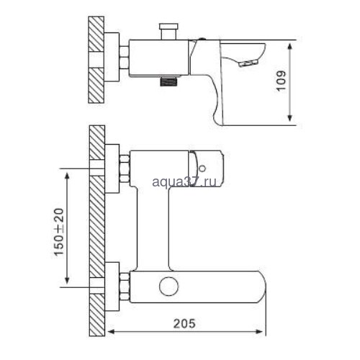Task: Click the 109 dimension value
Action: [282, 81]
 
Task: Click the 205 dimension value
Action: [184, 323]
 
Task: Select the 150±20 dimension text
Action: [59, 232]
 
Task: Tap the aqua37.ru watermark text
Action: [184, 181]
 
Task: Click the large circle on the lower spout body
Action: [169, 287]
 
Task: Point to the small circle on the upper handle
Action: [202, 168]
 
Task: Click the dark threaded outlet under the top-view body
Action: [168, 81]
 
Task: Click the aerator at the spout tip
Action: [248, 63]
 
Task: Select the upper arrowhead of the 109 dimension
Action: [290, 47]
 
